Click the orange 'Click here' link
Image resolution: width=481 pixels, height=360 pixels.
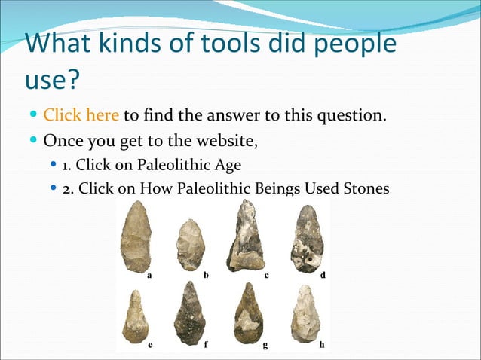(x=81, y=116)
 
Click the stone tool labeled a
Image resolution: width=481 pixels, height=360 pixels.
(x=136, y=237)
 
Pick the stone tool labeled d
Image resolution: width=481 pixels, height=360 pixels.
(x=307, y=239)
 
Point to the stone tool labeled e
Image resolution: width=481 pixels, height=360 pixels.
(x=136, y=316)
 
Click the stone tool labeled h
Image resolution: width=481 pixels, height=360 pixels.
(x=306, y=315)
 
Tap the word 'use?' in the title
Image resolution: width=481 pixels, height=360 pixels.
(x=57, y=78)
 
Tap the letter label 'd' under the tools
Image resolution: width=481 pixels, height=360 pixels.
(x=323, y=276)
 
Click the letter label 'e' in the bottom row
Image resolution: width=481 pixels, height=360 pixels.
(x=151, y=346)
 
